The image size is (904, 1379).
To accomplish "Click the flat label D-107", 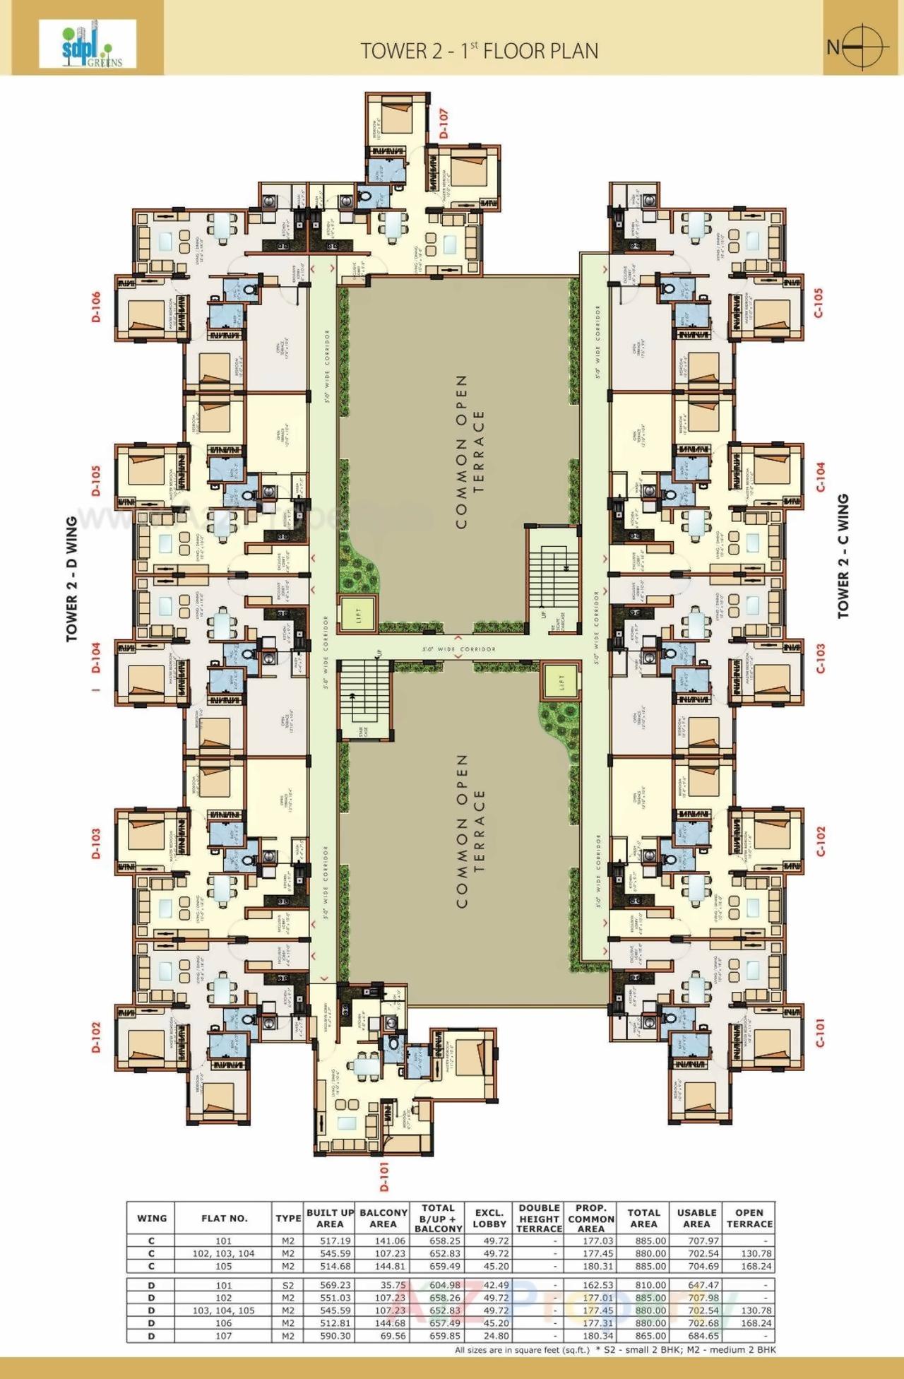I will pyautogui.click(x=444, y=124).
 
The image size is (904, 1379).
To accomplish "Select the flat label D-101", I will pyautogui.click(x=384, y=1178).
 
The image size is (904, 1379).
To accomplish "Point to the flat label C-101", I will pyautogui.click(x=820, y=1032).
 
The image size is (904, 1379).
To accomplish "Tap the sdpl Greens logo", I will pyautogui.click(x=88, y=44).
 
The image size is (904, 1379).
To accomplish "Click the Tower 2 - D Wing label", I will pyautogui.click(x=72, y=580).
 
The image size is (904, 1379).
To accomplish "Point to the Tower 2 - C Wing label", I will pyautogui.click(x=843, y=557).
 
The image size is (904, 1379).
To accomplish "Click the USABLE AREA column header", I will pyautogui.click(x=696, y=1218).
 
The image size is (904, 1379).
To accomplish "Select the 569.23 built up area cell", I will pyautogui.click(x=330, y=1285).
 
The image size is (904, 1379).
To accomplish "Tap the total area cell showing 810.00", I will pyautogui.click(x=643, y=1285).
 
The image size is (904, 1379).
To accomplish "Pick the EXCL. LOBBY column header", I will pyautogui.click(x=489, y=1218).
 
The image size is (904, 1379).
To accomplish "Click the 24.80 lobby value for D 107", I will pyautogui.click(x=489, y=1336).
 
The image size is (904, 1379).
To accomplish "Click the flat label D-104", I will pyautogui.click(x=96, y=657).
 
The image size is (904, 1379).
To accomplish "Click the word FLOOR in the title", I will pyautogui.click(x=516, y=51).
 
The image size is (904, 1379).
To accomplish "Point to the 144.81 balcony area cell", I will pyautogui.click(x=383, y=1266).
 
